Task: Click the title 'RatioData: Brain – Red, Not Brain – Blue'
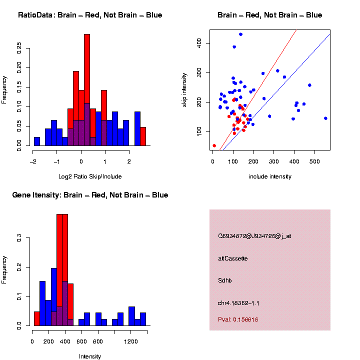(x=90, y=15)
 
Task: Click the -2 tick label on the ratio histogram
(x=33, y=162)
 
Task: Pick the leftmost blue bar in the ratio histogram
(x=37, y=141)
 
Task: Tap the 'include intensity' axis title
(x=270, y=176)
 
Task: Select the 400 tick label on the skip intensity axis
(x=199, y=43)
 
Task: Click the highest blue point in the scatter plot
(x=240, y=34)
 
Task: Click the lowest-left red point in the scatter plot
(x=214, y=145)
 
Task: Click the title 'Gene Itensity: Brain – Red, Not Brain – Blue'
(x=90, y=195)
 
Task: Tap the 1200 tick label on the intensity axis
(x=131, y=342)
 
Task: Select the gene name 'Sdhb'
(x=225, y=280)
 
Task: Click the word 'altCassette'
(x=233, y=258)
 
